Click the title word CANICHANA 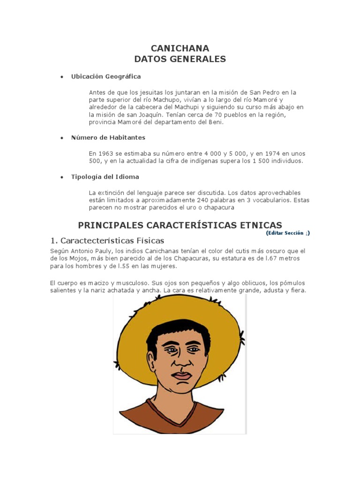(180, 48)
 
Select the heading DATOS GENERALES (180, 59)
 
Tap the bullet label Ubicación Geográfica (105, 76)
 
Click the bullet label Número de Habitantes (108, 138)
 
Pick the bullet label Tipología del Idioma (105, 177)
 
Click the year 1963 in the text (105, 154)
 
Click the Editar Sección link (287, 233)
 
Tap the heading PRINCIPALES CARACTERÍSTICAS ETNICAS (180, 225)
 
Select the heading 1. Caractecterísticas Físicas (107, 240)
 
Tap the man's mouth (181, 376)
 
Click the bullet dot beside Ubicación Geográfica (61, 77)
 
